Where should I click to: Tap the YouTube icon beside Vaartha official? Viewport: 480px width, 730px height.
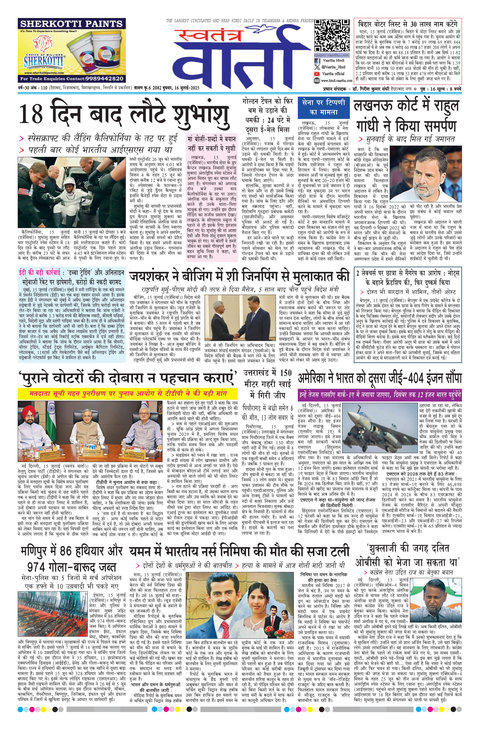pyautogui.click(x=317, y=74)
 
